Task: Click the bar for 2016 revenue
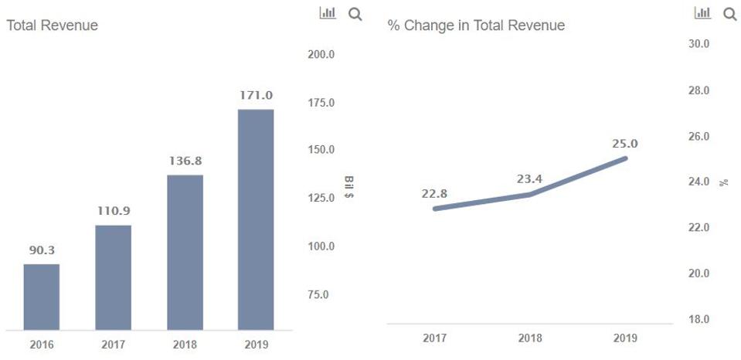tap(42, 297)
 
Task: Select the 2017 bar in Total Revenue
tap(113, 278)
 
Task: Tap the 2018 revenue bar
tap(185, 253)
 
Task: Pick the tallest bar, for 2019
tap(256, 220)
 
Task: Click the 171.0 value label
tap(257, 95)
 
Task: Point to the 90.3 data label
tap(42, 250)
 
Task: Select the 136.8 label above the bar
tap(185, 161)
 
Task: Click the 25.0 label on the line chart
tap(625, 144)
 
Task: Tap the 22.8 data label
tap(434, 193)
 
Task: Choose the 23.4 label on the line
tap(529, 179)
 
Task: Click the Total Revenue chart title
tap(52, 25)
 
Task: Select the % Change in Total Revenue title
tap(476, 25)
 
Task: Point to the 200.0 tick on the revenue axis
tap(321, 55)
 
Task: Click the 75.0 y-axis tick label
tap(318, 294)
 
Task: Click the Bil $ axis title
tap(349, 186)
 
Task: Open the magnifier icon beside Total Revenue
tap(355, 13)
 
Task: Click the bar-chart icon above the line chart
tap(702, 13)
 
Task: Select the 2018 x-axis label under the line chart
tap(530, 338)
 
